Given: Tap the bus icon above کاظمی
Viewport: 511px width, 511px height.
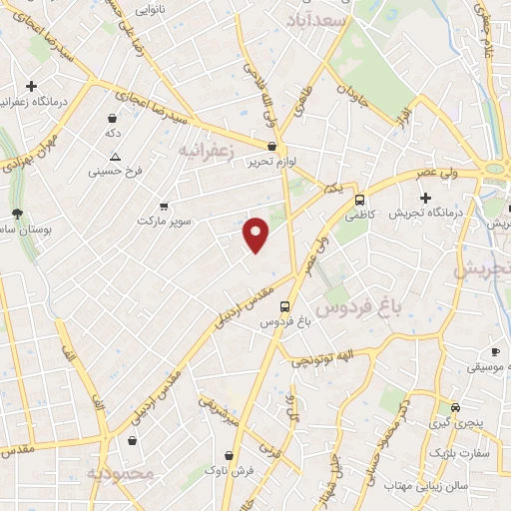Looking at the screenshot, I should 359,198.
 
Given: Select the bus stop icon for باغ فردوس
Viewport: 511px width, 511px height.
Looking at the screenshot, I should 286,306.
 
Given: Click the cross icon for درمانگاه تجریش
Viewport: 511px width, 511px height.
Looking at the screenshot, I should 425,197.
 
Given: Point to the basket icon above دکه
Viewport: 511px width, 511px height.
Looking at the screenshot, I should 113,116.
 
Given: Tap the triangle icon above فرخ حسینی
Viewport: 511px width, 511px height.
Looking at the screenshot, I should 116,156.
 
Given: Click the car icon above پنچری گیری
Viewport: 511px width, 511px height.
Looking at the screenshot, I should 455,407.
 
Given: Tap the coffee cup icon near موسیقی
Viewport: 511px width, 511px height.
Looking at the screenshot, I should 495,352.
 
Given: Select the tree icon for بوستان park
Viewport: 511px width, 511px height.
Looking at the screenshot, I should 17,214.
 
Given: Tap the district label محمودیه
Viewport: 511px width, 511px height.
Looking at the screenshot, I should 121,473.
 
